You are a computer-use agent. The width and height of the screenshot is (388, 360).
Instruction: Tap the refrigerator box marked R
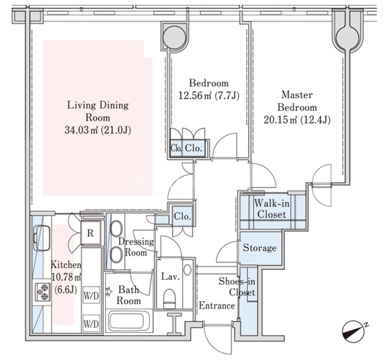point(91,233)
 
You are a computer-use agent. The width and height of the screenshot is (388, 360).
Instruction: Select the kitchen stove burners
point(42,292)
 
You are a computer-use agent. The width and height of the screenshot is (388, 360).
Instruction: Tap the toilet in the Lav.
point(170,298)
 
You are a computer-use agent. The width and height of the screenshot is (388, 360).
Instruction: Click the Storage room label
point(260,248)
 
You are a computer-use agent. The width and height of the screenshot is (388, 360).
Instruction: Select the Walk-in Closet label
point(272,209)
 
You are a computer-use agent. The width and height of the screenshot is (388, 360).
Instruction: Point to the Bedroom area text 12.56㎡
point(195,96)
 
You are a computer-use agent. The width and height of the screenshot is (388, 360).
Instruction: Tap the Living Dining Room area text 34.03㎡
point(81,130)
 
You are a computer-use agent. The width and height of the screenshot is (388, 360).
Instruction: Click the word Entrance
point(217,305)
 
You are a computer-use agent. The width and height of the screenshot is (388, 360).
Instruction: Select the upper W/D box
point(91,295)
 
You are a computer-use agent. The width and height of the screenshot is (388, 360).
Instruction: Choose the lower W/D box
point(91,323)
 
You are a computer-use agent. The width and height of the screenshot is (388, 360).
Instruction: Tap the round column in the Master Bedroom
point(348,35)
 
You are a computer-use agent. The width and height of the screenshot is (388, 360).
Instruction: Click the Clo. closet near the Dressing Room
point(182,217)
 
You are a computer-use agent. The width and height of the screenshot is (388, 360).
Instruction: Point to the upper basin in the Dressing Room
point(116,228)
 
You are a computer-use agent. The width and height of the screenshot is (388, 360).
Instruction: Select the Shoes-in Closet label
point(237,287)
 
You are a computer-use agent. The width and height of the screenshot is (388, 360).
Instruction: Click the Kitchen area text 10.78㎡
point(67,278)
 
